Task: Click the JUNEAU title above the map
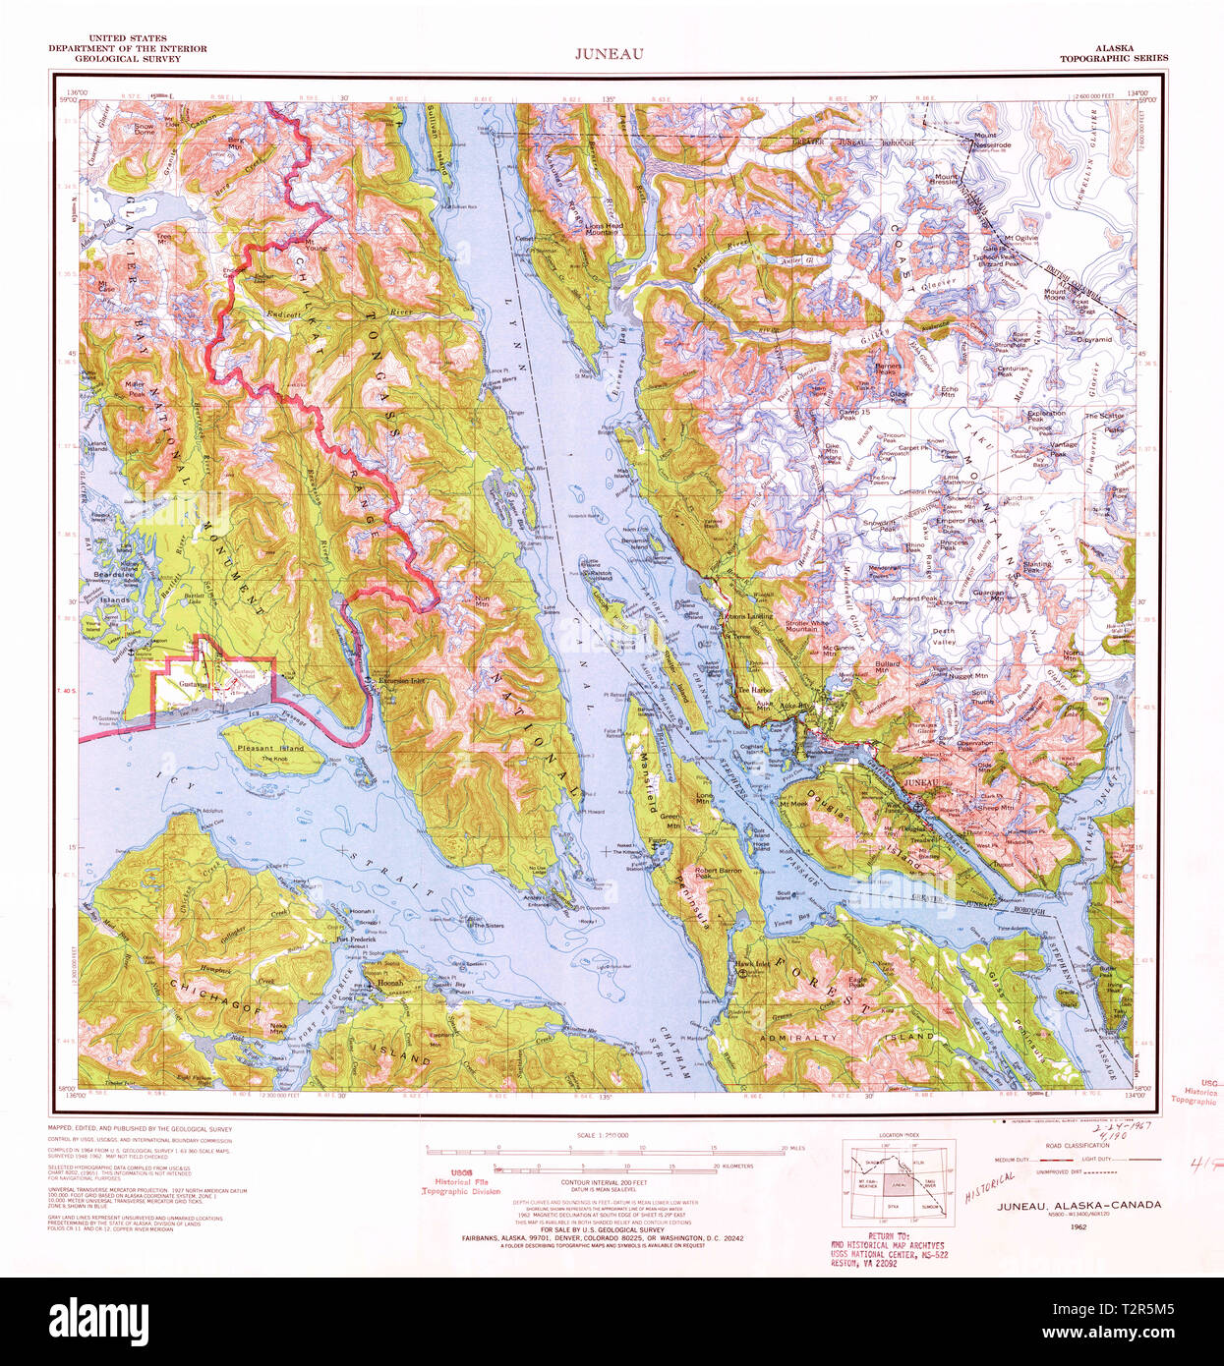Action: pos(610,54)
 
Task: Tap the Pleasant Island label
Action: pos(270,749)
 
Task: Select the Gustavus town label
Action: pos(193,683)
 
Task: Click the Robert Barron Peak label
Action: pos(719,872)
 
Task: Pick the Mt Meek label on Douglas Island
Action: pos(792,803)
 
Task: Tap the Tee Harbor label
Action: pos(755,690)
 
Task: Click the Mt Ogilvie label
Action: pos(1020,238)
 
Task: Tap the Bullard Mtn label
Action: pos(887,665)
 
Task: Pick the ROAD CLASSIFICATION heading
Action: pos(1077,1146)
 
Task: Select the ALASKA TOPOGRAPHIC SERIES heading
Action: pos(1113,53)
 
